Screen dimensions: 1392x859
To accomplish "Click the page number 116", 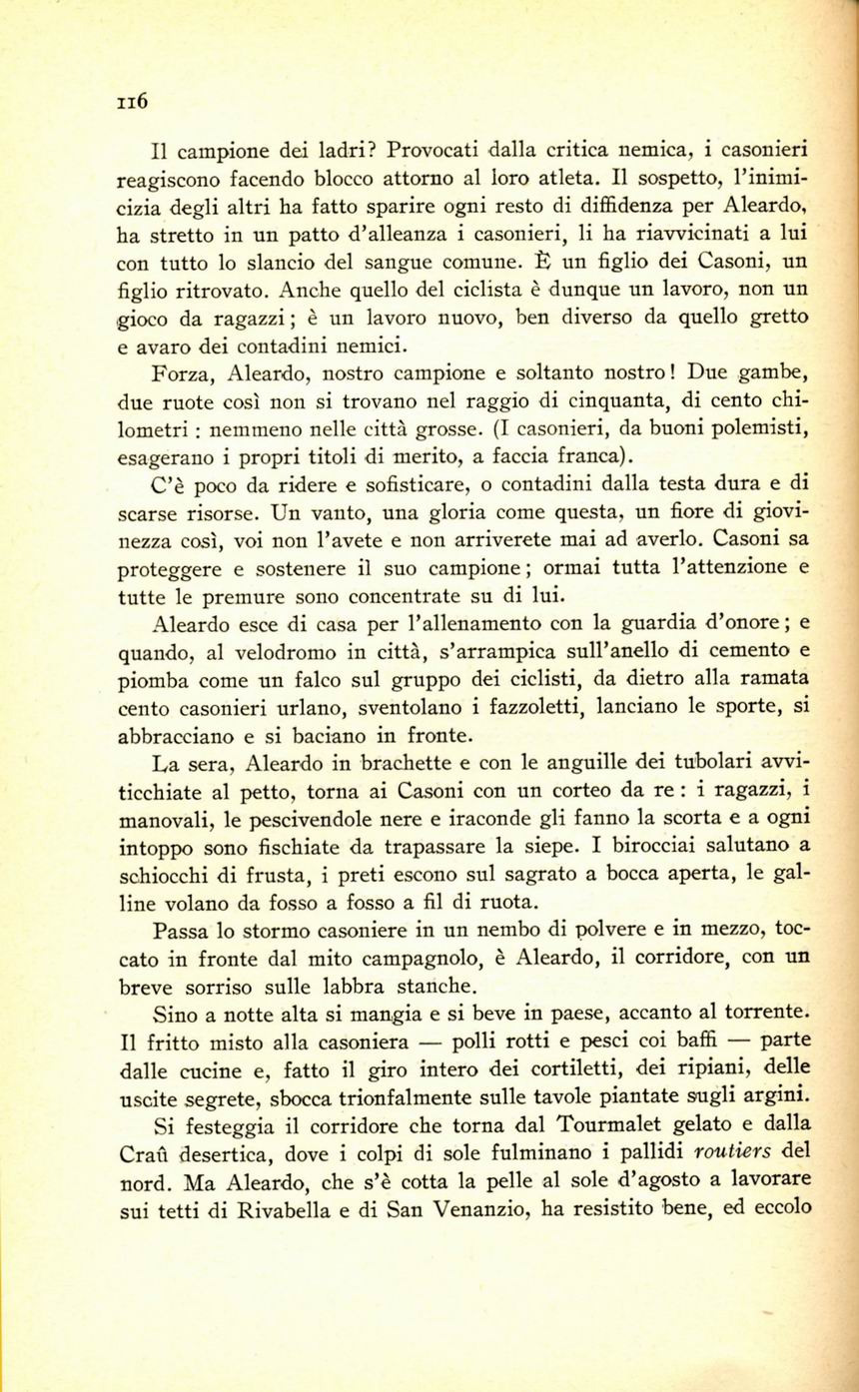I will click(x=131, y=100).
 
